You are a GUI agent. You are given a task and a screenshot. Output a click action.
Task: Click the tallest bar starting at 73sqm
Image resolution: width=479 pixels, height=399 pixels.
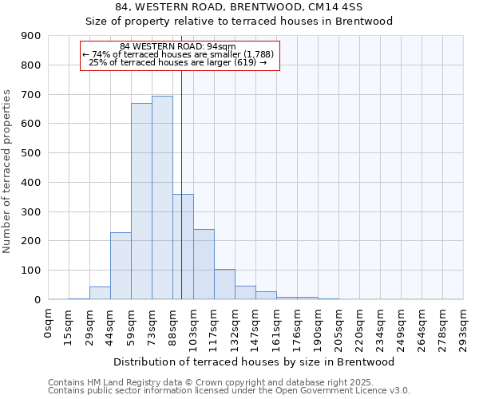(162, 198)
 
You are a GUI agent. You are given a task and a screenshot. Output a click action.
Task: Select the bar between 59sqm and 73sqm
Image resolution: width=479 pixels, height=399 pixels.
(141, 201)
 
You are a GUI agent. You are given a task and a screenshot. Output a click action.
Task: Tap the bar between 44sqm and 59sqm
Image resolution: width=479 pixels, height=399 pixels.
(121, 266)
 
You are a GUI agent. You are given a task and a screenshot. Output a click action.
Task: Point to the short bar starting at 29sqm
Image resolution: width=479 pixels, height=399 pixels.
(100, 293)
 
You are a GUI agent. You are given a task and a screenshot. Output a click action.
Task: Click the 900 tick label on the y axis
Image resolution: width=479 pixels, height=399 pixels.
(32, 36)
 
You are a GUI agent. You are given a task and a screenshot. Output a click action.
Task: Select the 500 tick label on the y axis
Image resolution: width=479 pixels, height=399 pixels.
(32, 153)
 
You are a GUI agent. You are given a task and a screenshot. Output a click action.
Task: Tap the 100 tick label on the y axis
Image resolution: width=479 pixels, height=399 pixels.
(32, 271)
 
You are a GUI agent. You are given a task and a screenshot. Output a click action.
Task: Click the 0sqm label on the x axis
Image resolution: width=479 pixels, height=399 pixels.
(49, 324)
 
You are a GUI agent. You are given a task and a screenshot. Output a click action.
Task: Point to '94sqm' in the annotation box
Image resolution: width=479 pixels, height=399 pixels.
(221, 46)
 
